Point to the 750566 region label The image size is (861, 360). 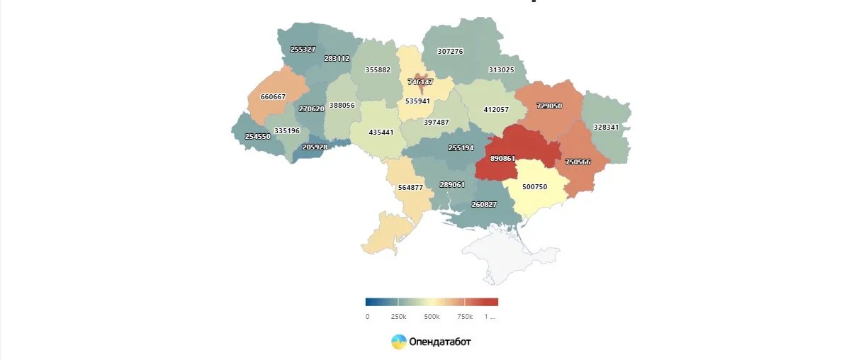578,162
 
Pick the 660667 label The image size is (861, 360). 273,96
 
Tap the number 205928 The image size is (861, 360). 315,147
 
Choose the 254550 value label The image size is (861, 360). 257,136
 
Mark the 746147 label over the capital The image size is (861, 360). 420,81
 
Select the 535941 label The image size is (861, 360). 417,101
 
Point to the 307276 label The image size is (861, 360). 450,51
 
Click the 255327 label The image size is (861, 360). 303,49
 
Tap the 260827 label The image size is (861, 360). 484,204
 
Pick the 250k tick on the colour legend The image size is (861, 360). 399,316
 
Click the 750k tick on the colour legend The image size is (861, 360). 465,316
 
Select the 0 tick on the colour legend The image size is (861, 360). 367,316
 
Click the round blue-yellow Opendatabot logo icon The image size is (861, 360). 399,342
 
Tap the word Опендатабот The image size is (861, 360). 439,342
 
